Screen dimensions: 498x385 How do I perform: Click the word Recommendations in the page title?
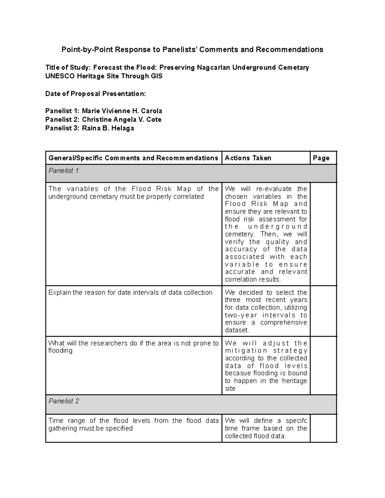pos(289,50)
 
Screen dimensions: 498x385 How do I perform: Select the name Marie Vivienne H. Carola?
pos(122,111)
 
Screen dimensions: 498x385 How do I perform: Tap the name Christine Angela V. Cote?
pos(122,120)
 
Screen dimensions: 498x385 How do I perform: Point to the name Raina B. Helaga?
pos(108,128)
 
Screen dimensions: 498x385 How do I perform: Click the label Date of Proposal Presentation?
pos(95,94)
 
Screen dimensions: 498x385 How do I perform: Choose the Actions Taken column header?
pos(248,158)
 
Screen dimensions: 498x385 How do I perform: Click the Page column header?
pos(321,158)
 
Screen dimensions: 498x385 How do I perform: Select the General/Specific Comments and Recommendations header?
pos(133,158)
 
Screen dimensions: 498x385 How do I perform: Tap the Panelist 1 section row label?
pos(64,171)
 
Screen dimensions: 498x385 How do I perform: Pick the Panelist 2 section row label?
pos(64,401)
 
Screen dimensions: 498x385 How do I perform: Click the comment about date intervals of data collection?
pos(130,292)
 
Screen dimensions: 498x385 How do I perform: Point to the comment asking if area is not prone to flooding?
pos(133,347)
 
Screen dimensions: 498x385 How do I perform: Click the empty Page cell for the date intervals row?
pos(323,311)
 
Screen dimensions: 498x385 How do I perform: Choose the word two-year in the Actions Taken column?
pos(241,315)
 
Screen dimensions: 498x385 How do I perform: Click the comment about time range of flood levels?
pos(133,424)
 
